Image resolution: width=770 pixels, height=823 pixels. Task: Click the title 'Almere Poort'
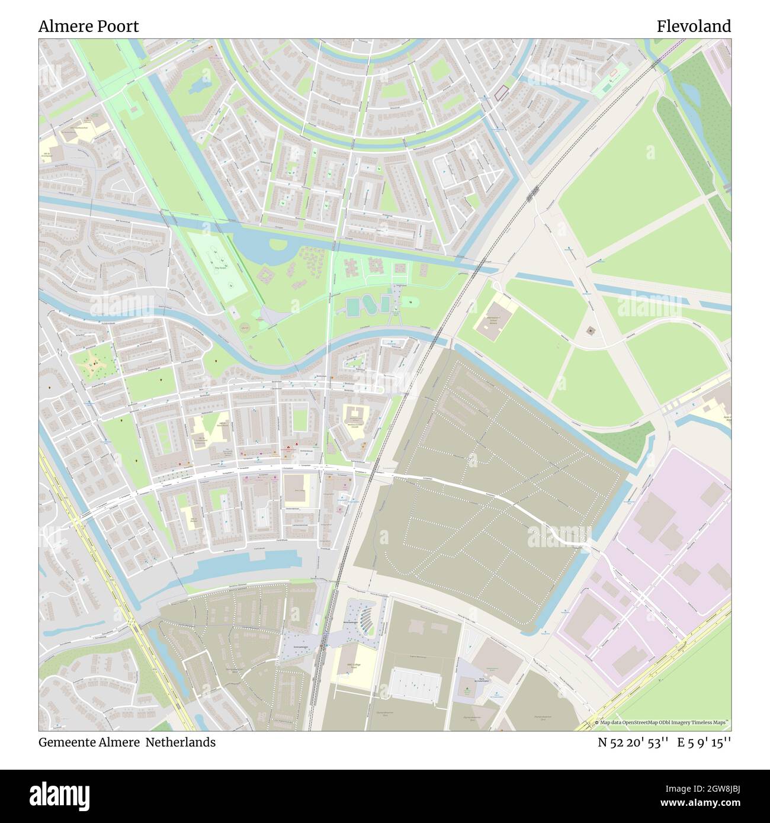click(89, 26)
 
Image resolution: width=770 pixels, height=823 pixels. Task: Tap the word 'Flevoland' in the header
click(693, 26)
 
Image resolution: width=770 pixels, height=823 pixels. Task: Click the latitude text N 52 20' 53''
click(633, 742)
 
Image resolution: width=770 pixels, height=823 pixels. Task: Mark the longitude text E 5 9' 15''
click(705, 742)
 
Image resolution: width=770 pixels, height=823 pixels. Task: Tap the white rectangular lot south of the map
click(415, 685)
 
